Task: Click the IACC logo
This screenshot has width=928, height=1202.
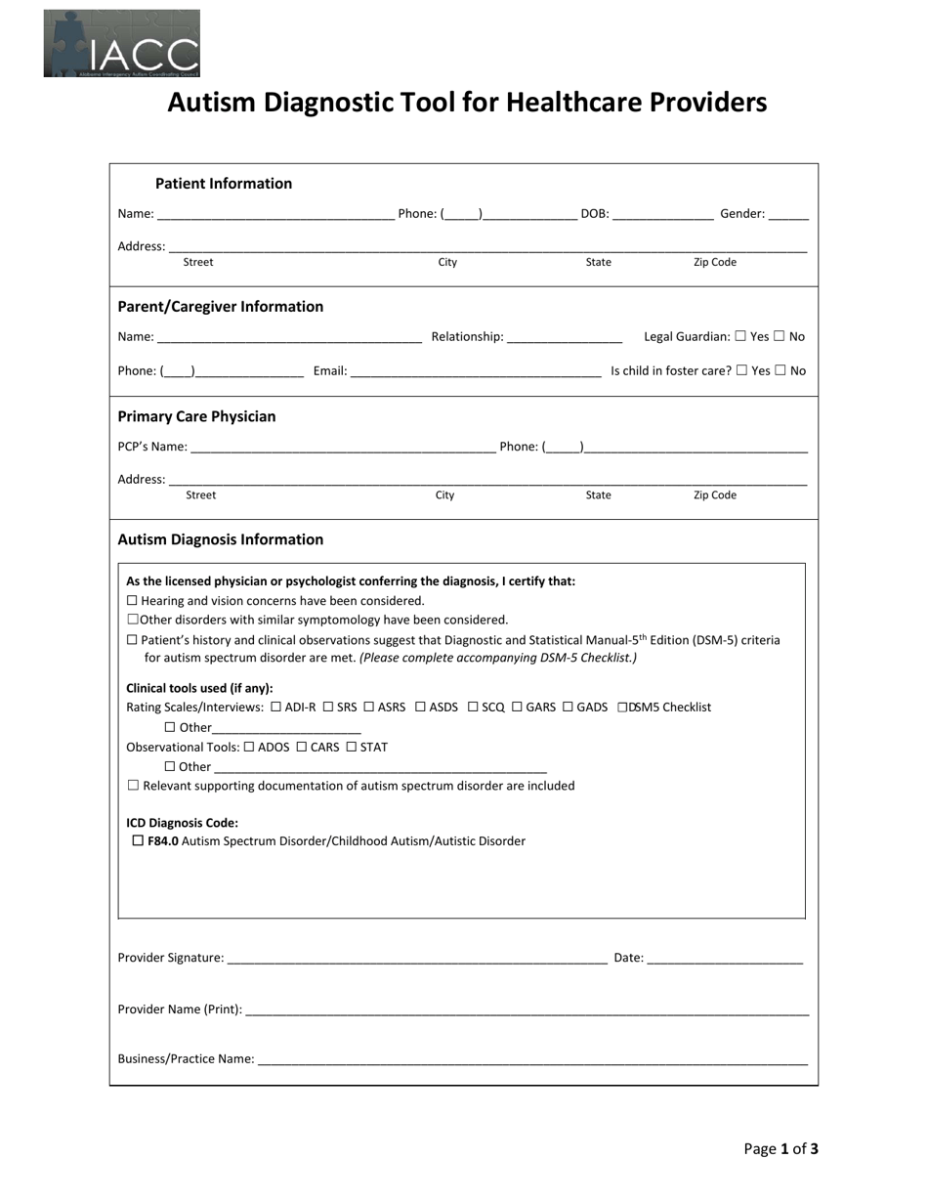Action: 121,44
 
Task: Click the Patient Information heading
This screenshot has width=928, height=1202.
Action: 224,184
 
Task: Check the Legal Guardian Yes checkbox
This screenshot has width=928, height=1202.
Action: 740,336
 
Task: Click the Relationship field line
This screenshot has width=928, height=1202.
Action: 565,338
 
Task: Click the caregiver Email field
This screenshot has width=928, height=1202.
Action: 476,372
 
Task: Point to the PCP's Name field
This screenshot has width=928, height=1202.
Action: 343,448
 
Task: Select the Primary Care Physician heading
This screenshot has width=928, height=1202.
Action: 196,416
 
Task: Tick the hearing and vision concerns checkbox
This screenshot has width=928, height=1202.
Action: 133,601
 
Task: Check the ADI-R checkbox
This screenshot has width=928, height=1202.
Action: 276,707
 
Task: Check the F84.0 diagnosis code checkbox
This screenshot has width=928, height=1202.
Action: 138,840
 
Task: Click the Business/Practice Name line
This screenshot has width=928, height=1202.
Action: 532,1060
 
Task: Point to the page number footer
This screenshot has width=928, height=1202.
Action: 780,1149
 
